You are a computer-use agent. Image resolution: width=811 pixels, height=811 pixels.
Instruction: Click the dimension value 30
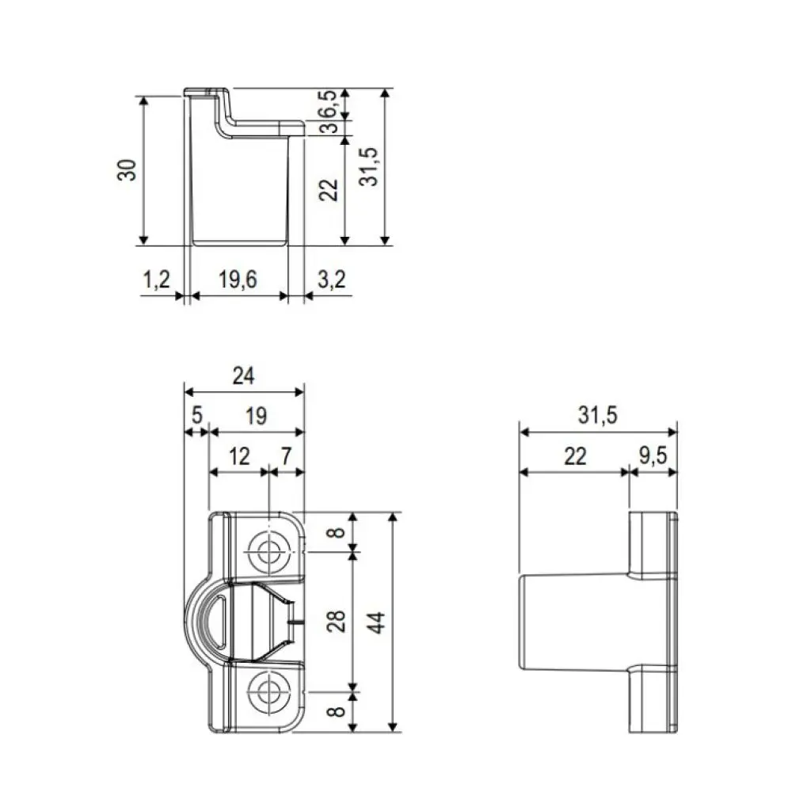tap(128, 169)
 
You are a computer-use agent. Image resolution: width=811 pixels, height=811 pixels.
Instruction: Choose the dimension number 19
tap(255, 415)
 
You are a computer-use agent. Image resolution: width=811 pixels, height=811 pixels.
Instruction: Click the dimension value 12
tap(238, 455)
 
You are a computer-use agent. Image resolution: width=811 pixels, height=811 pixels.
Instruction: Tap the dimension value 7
tap(287, 455)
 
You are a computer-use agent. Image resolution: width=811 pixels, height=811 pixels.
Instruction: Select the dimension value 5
tap(196, 415)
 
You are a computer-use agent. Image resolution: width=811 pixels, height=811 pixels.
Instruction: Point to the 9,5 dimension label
tap(653, 455)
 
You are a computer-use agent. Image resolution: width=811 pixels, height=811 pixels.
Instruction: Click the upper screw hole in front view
tap(269, 553)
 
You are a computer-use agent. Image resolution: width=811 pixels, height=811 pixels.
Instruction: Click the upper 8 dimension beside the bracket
tap(339, 531)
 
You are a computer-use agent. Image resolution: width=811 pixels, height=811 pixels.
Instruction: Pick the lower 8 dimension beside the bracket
tap(339, 711)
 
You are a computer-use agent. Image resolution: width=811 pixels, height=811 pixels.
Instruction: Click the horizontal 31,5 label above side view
tap(598, 415)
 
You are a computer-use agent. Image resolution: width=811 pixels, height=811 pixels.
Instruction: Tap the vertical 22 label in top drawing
tap(331, 188)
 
